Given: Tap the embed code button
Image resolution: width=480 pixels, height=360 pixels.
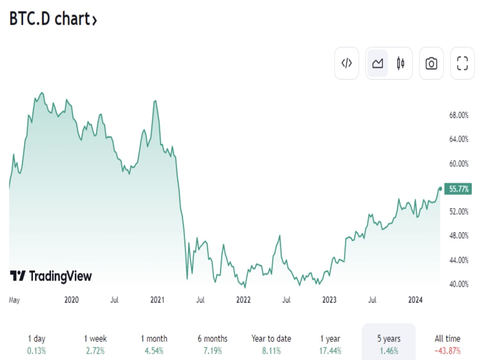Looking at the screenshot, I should (346, 63).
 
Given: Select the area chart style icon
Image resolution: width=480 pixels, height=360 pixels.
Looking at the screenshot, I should (377, 63).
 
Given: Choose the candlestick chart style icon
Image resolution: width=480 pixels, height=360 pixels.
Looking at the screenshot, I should (400, 63).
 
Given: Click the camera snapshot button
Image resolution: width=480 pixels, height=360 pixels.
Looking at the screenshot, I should (431, 63).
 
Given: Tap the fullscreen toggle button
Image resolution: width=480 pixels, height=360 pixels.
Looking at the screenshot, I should (462, 63).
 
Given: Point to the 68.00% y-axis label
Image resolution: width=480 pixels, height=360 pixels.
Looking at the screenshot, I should (459, 115).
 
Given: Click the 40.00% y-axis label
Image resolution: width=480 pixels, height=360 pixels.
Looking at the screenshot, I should (459, 284).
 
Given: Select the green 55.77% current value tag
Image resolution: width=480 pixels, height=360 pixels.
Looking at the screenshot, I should (459, 189).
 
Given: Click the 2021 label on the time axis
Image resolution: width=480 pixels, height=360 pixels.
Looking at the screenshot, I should (157, 300).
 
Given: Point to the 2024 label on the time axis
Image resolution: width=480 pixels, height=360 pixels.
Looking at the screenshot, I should (416, 300).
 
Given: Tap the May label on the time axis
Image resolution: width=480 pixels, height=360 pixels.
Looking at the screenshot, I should (15, 300).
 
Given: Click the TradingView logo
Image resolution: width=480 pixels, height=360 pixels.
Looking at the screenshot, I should (51, 276).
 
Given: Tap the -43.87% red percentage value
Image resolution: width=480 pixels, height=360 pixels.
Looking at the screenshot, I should (447, 351).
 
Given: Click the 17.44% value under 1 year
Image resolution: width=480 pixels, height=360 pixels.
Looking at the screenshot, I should (330, 351).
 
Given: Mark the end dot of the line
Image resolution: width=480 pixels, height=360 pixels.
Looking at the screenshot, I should (440, 188).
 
